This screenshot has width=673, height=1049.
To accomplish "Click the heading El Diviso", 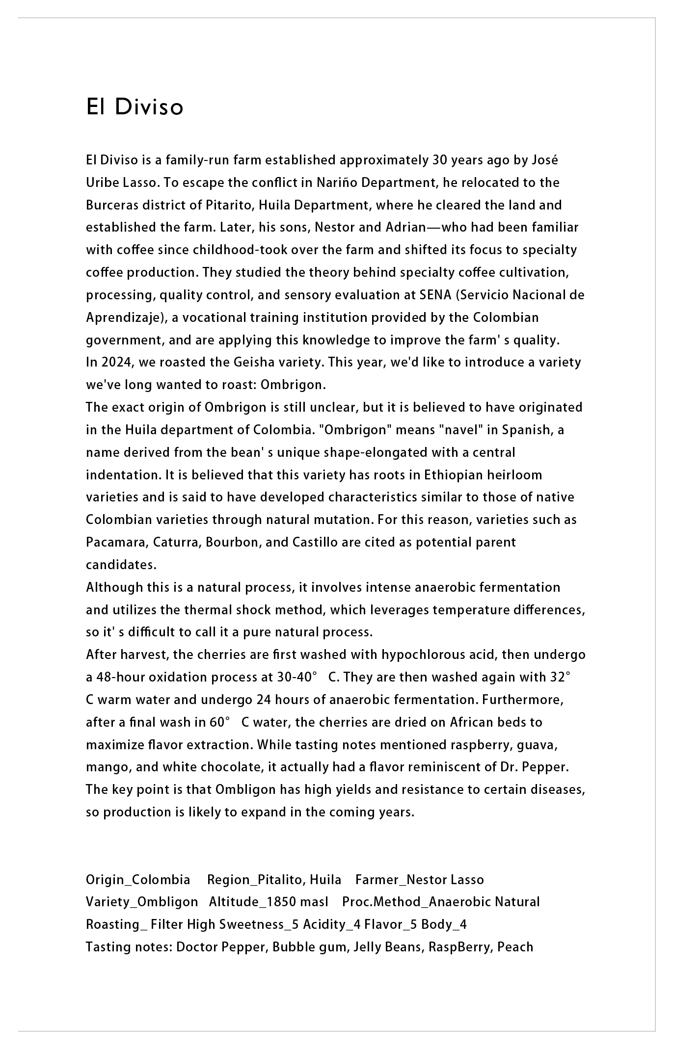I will [x=135, y=107].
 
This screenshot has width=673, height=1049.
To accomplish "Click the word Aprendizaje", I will [x=123, y=317].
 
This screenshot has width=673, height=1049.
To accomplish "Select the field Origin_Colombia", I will [x=138, y=880].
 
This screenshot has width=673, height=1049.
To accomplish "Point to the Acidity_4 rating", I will [x=332, y=925].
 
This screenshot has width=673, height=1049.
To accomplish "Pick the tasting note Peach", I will [x=515, y=947].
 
